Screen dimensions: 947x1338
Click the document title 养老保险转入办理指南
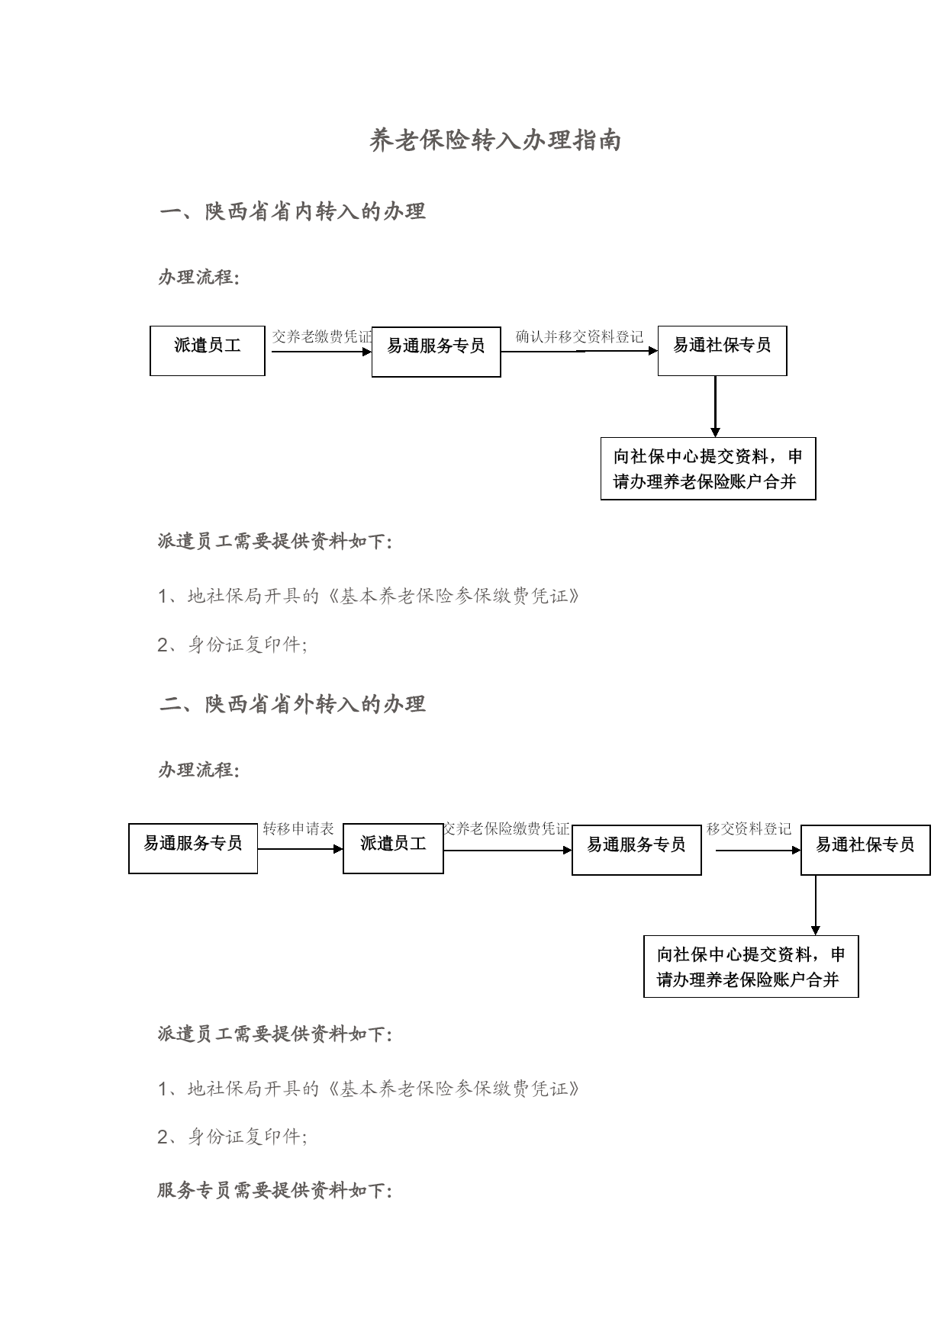tap(495, 140)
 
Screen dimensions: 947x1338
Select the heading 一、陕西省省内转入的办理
tap(292, 211)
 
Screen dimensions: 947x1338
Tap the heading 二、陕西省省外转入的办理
tap(292, 703)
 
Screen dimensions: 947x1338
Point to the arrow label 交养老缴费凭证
tap(322, 336)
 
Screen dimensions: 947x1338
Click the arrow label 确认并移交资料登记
tap(579, 336)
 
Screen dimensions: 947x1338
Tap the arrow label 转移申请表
tap(298, 828)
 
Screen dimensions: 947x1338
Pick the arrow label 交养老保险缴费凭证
tap(507, 828)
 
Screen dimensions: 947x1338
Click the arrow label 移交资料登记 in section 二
tap(749, 828)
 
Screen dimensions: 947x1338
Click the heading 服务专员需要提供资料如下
tap(275, 1190)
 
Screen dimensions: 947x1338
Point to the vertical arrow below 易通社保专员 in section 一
tap(715, 407)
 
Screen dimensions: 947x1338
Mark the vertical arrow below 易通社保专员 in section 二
tap(816, 905)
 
